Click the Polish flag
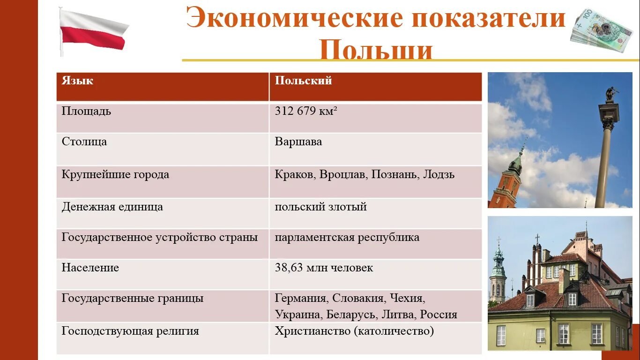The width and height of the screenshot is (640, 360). pos(93,30)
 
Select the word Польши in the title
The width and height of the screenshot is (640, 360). pos(376,50)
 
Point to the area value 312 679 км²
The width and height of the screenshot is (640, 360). pos(306,111)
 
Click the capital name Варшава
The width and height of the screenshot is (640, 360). pos(298,142)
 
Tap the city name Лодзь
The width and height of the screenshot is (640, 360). pos(439,174)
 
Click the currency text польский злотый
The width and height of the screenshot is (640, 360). pos(320,207)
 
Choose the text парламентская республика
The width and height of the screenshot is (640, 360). pos(347,237)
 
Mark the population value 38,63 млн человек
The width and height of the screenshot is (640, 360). pos(324,268)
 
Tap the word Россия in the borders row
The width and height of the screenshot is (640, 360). pos(439,315)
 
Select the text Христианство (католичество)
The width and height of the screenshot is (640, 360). pos(354,331)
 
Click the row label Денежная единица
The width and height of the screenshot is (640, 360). pos(112,207)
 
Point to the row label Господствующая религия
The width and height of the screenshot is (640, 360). pos(130,331)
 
